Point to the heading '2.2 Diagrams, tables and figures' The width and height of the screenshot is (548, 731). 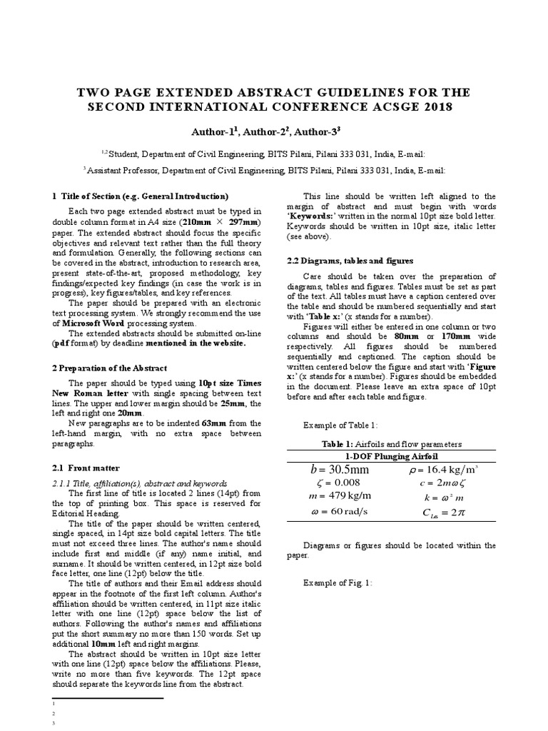(350, 261)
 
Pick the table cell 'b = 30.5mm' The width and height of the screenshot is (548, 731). (340, 469)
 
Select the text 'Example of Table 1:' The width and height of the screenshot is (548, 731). (342, 425)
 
